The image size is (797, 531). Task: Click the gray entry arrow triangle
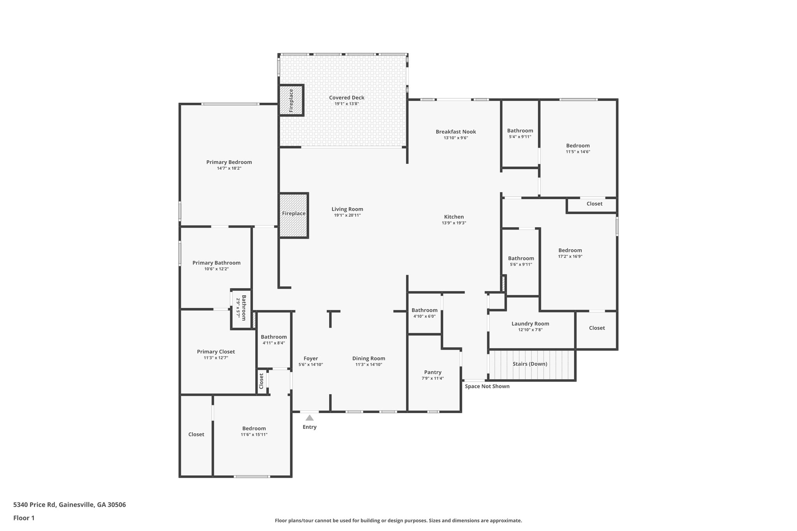(x=309, y=418)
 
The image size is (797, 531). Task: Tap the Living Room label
(x=347, y=209)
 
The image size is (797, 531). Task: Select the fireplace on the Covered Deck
(x=291, y=100)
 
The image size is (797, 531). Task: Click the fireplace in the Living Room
(x=294, y=215)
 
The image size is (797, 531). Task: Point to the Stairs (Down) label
(x=530, y=364)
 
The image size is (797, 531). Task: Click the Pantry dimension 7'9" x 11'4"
(x=433, y=379)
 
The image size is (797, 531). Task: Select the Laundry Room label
(x=530, y=324)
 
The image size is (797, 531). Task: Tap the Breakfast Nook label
(x=456, y=132)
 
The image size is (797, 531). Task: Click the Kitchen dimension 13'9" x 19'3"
(x=454, y=223)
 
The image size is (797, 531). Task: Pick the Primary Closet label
(x=216, y=352)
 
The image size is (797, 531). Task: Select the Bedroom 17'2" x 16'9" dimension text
(x=570, y=256)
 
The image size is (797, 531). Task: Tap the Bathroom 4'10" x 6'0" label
(x=424, y=310)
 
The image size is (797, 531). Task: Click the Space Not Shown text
(x=487, y=386)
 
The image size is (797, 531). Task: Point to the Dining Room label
(x=369, y=359)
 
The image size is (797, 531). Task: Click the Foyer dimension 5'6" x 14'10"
(x=311, y=365)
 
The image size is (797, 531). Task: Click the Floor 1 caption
(x=24, y=518)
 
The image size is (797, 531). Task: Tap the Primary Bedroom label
(x=229, y=162)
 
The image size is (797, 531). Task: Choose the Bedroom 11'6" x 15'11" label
(x=254, y=428)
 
